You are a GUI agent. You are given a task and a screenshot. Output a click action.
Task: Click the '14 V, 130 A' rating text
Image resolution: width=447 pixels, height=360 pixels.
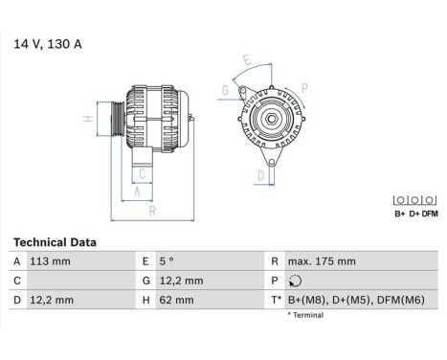click(46, 43)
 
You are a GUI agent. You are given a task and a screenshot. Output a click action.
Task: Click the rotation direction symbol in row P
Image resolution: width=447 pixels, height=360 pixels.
click(292, 281)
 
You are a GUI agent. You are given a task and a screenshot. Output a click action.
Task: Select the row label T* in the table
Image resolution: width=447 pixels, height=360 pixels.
click(276, 300)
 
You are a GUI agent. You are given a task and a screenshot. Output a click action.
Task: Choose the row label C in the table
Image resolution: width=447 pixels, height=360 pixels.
click(17, 281)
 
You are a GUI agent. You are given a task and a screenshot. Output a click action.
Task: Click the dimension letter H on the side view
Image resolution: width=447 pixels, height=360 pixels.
click(87, 120)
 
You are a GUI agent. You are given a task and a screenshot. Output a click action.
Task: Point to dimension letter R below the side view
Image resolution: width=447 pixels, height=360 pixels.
click(151, 211)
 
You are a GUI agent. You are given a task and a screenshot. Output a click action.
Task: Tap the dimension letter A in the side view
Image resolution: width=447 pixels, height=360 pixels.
click(137, 191)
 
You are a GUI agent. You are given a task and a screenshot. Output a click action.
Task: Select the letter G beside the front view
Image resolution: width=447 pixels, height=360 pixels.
click(225, 91)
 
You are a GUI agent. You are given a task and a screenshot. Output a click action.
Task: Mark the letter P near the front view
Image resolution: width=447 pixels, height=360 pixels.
click(304, 88)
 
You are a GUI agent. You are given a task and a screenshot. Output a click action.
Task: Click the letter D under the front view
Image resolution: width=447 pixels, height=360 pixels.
click(260, 175)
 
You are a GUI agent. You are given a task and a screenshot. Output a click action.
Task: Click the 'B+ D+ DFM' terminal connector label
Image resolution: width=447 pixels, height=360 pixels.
click(415, 214)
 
